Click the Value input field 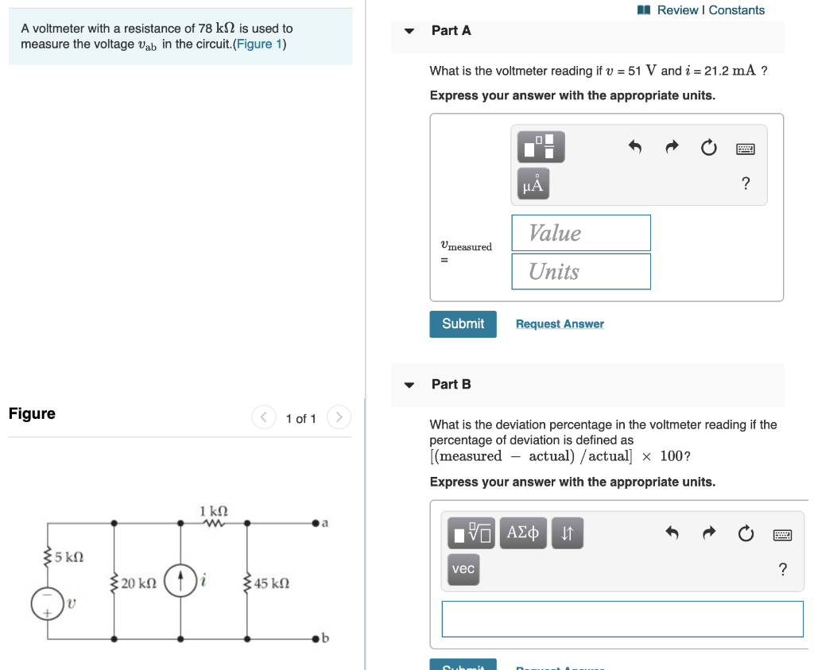[x=580, y=233]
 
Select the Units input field [x=580, y=271]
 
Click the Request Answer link [x=560, y=324]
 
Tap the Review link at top [x=677, y=10]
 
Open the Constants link [x=737, y=10]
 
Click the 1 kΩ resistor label [x=213, y=510]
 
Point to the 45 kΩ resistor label [x=272, y=583]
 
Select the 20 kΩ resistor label [x=138, y=583]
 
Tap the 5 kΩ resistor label [x=68, y=557]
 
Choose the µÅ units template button [x=533, y=184]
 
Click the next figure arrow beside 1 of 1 [x=339, y=417]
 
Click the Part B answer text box [x=622, y=618]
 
